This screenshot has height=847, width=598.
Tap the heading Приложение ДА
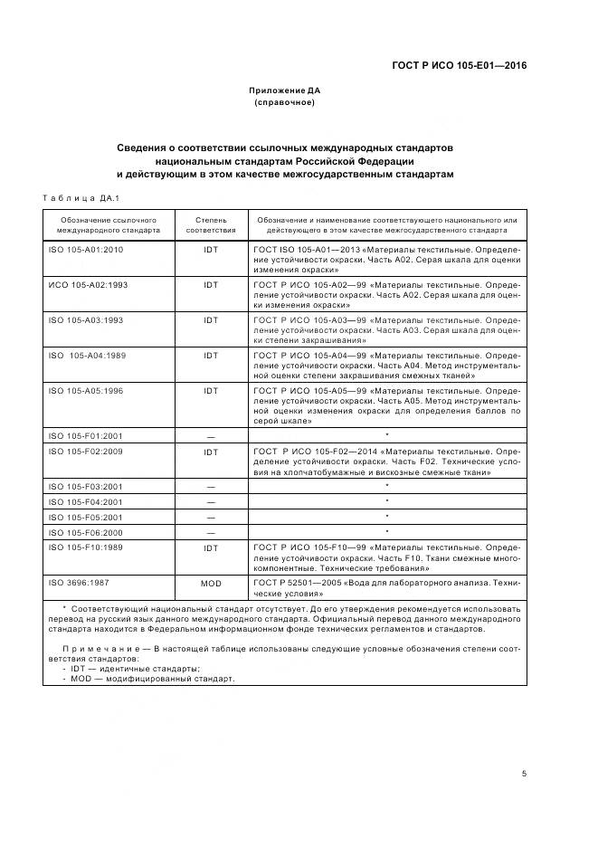tap(285, 90)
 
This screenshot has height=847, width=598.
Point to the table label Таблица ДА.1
tap(81, 198)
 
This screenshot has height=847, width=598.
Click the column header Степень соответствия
tap(211, 224)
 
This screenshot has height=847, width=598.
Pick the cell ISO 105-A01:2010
tap(85, 249)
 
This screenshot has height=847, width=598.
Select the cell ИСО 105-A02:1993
tap(87, 284)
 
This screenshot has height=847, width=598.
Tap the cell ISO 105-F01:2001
tap(85, 436)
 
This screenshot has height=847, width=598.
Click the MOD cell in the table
tap(211, 583)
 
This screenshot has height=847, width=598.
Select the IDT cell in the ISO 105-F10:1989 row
tap(211, 547)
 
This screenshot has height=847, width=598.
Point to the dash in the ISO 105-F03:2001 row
tap(211, 487)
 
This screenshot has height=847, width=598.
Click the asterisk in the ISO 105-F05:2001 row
tap(387, 516)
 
